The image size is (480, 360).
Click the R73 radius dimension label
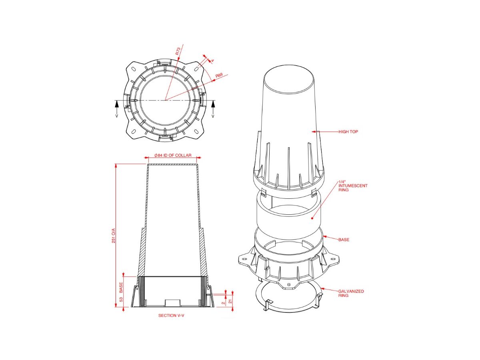pyautogui.click(x=178, y=51)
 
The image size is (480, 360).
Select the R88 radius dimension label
pyautogui.click(x=219, y=75)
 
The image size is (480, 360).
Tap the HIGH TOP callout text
pyautogui.click(x=348, y=132)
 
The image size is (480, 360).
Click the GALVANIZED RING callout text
pyautogui.click(x=351, y=293)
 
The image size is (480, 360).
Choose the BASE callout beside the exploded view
pyautogui.click(x=344, y=240)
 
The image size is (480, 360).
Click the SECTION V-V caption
pyautogui.click(x=172, y=316)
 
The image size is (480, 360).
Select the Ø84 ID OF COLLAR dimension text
pyautogui.click(x=173, y=155)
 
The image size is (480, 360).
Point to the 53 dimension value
pyautogui.click(x=121, y=299)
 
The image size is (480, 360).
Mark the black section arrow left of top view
pyautogui.click(x=117, y=106)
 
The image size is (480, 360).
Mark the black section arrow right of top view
pyautogui.click(x=213, y=106)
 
